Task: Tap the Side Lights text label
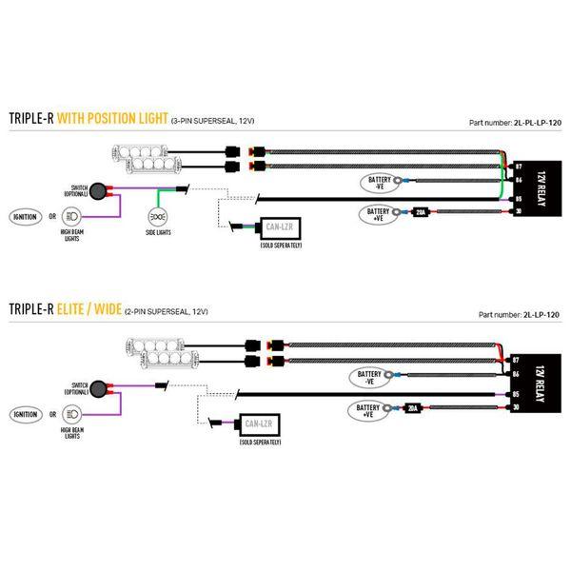coord(156,232)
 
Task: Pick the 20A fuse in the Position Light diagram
coord(420,212)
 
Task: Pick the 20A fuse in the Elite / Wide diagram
coord(413,408)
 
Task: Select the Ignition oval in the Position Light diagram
coord(26,217)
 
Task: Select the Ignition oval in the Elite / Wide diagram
coord(26,415)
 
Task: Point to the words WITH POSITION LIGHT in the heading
coord(111,119)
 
